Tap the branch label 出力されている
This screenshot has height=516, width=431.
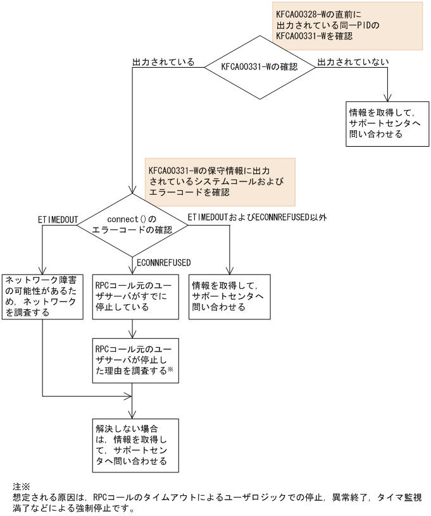click(163, 63)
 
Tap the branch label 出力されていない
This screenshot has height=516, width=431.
click(353, 63)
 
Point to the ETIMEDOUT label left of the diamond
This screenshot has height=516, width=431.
click(58, 219)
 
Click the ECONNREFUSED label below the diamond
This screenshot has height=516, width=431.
click(164, 261)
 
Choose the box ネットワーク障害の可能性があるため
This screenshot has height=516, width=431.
click(42, 295)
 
